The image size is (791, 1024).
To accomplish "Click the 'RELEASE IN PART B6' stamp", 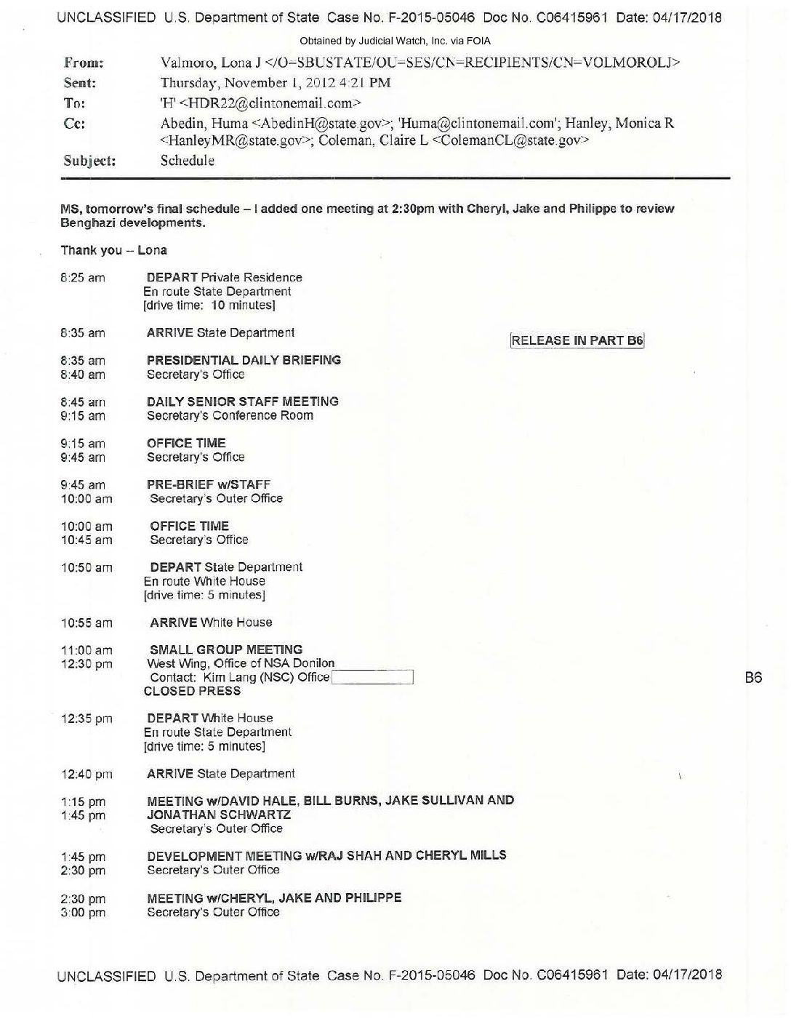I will click(x=577, y=340).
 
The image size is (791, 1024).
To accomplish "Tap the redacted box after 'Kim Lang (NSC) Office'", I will click(x=372, y=678).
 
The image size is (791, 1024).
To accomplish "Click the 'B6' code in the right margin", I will click(x=753, y=678).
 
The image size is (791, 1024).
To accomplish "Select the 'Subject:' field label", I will click(x=89, y=161).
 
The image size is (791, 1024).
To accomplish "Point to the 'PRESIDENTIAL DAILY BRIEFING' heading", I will click(x=244, y=360).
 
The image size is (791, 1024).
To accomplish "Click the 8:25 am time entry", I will click(x=83, y=278).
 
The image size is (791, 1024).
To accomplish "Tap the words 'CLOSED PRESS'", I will click(x=192, y=691).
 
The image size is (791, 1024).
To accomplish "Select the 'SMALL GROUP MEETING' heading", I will click(x=225, y=649).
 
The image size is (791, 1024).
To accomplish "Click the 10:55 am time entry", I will click(x=87, y=623).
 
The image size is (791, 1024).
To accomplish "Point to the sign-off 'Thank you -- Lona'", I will click(x=113, y=250).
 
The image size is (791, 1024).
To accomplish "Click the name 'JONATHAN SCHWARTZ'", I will click(x=219, y=815).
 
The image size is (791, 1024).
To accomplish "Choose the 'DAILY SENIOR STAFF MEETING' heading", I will click(x=242, y=401).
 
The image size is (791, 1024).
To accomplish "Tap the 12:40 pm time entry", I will click(x=87, y=775).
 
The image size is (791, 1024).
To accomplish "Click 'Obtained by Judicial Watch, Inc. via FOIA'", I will click(x=395, y=41).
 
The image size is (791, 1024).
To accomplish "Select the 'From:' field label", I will click(x=84, y=63).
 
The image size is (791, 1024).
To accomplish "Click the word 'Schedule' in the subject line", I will click(x=187, y=161).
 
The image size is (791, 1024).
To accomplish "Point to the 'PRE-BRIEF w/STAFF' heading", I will click(x=208, y=484).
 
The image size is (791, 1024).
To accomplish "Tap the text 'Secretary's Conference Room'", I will click(x=230, y=415).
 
